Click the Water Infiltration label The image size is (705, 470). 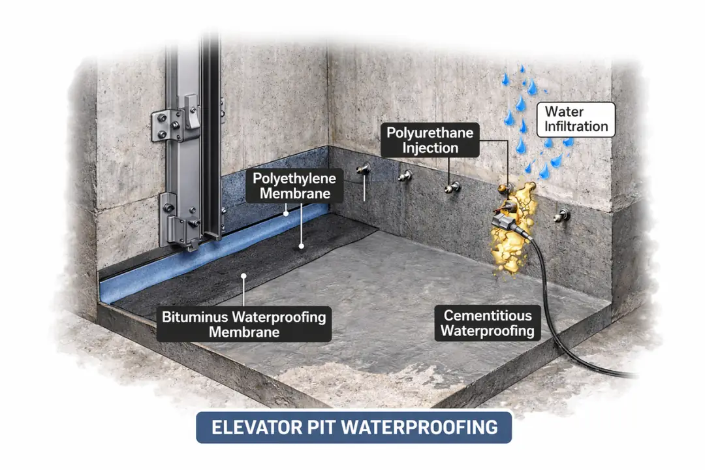pyautogui.click(x=576, y=119)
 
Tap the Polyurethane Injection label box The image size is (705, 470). pyautogui.click(x=430, y=140)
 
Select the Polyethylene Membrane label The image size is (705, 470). pyautogui.click(x=294, y=186)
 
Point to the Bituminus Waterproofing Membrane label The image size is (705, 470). pyautogui.click(x=243, y=324)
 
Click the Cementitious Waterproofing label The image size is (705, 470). pyautogui.click(x=488, y=323)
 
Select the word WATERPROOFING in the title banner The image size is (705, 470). pyautogui.click(x=420, y=428)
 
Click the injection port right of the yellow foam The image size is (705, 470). pyautogui.click(x=561, y=215)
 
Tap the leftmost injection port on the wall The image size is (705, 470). pyautogui.click(x=363, y=169)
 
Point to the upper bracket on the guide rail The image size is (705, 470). pyautogui.click(x=175, y=123)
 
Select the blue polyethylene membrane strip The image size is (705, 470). pyautogui.click(x=211, y=254)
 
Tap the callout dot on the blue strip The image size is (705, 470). pyautogui.click(x=286, y=213)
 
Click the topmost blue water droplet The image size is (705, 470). pyautogui.click(x=522, y=69)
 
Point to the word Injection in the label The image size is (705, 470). pyautogui.click(x=430, y=148)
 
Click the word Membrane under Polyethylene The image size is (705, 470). pyautogui.click(x=295, y=194)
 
